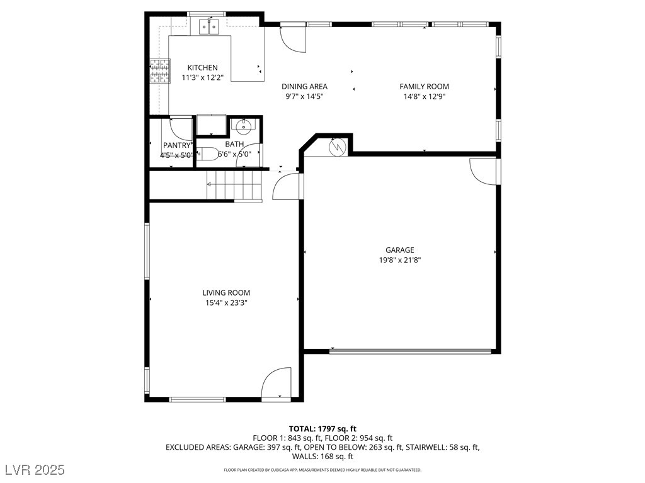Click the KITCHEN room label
tap(202, 68)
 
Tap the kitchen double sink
tap(208, 26)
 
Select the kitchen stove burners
tap(160, 71)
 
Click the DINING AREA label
tap(304, 87)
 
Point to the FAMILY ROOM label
tap(424, 87)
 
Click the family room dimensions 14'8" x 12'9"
tap(424, 97)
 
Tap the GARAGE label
tap(400, 250)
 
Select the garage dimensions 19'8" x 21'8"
tap(400, 260)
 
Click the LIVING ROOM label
tap(226, 292)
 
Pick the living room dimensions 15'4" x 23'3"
tap(226, 303)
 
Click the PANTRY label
tap(176, 145)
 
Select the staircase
tap(233, 186)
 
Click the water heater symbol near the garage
tap(338, 146)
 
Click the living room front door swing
tap(276, 383)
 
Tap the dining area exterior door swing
tap(293, 39)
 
